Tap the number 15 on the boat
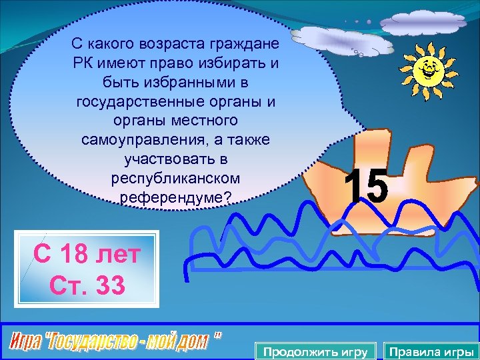(x=367, y=187)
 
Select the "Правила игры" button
(x=431, y=351)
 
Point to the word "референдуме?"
(x=175, y=198)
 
